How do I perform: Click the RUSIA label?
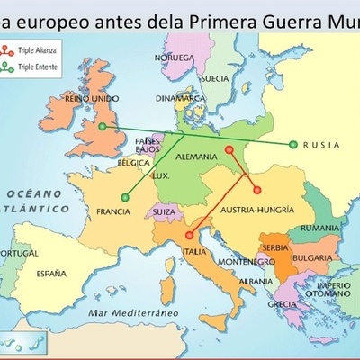pyautogui.click(x=322, y=144)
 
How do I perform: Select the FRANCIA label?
pyautogui.click(x=113, y=211)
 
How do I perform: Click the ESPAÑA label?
pyautogui.click(x=52, y=271)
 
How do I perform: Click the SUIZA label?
pyautogui.click(x=165, y=212)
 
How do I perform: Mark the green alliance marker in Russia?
pyautogui.click(x=292, y=144)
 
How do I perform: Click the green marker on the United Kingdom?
pyautogui.click(x=103, y=127)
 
